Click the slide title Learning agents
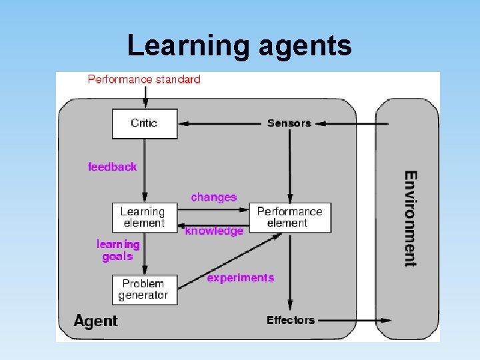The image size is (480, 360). click(x=239, y=45)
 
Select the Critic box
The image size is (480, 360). click(x=145, y=123)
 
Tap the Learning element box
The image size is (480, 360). click(x=145, y=217)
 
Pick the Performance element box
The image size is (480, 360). click(x=289, y=217)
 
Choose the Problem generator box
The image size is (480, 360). click(x=145, y=289)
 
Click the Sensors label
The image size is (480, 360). click(x=289, y=123)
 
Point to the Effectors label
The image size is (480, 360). click(x=290, y=320)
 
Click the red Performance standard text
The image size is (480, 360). click(x=144, y=79)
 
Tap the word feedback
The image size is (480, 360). click(x=112, y=167)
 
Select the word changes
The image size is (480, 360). click(x=213, y=197)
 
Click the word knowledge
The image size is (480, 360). click(x=214, y=231)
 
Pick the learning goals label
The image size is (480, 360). click(x=118, y=250)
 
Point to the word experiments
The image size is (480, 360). click(x=240, y=277)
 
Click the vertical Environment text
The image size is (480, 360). click(x=411, y=219)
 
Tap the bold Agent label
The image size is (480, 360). click(x=95, y=321)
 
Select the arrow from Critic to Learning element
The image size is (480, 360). click(x=145, y=170)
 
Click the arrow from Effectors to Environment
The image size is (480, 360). click(x=353, y=320)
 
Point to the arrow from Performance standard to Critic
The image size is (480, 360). click(x=145, y=97)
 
